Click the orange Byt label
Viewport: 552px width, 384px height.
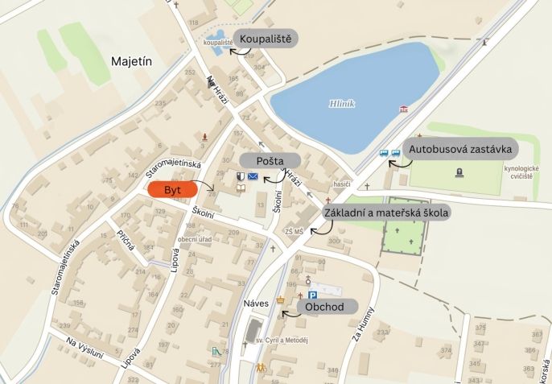(172, 189)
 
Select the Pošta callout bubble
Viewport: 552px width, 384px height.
(269, 160)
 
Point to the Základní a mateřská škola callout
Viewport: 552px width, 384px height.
(385, 213)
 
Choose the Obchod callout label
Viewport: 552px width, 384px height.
(325, 306)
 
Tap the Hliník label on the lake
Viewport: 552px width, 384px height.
(342, 103)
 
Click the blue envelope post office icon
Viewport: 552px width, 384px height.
(253, 175)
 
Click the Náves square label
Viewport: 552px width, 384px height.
(255, 304)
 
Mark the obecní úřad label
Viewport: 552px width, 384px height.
(194, 240)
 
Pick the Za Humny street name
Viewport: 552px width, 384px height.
(360, 322)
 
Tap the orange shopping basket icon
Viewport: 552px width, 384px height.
(281, 301)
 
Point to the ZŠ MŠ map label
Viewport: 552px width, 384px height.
(294, 232)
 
